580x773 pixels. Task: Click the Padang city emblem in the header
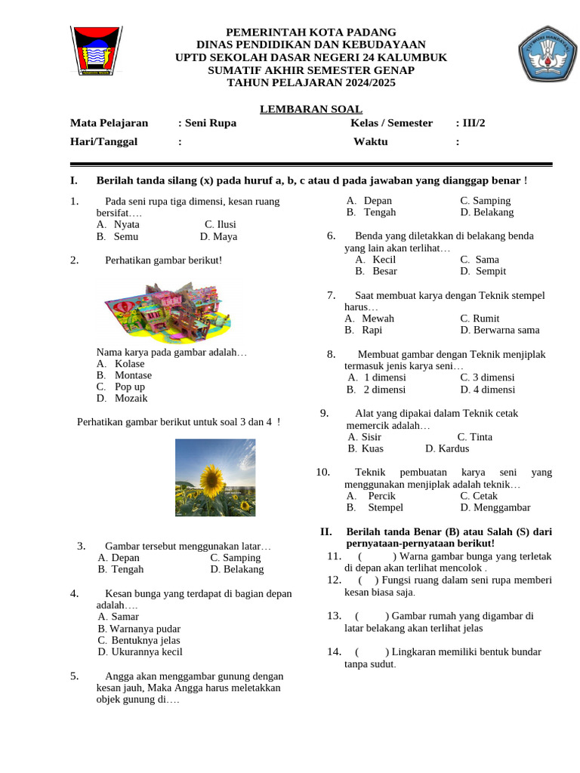(96, 51)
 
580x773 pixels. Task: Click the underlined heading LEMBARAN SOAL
(310, 109)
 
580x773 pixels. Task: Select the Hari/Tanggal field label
(104, 141)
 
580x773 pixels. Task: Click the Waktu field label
(370, 141)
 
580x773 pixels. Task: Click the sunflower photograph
(214, 477)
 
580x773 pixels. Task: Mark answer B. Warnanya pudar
(139, 628)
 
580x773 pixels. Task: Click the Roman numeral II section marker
(326, 531)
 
